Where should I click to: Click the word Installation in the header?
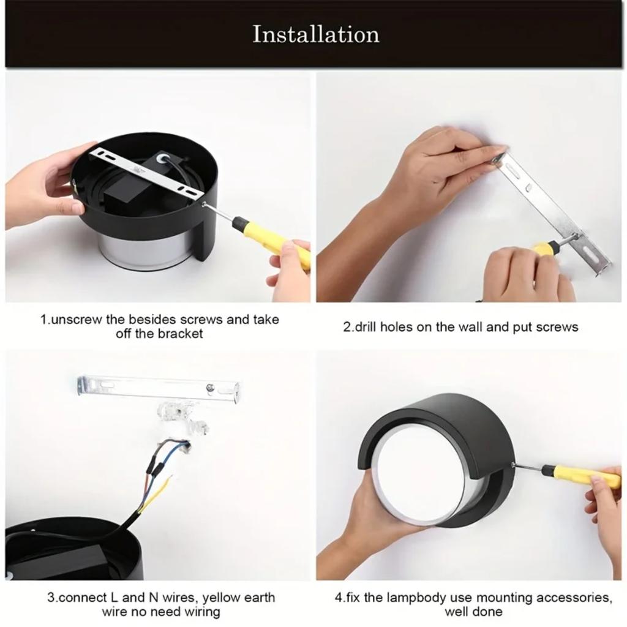(316, 34)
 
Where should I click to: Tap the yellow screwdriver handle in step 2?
(541, 248)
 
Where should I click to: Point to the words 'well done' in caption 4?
(473, 612)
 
